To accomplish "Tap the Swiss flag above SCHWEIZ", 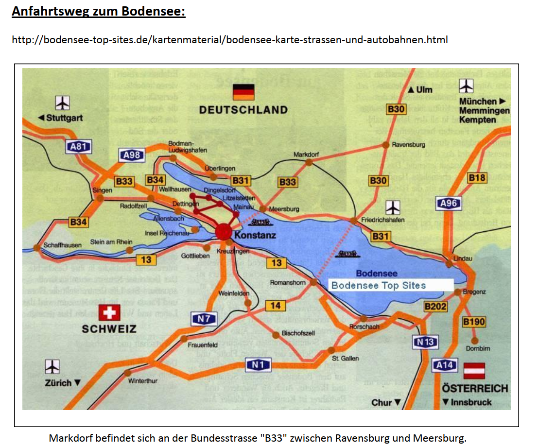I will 109,312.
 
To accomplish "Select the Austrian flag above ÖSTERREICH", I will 474,371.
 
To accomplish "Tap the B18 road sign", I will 477,178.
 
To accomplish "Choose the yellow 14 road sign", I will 276,306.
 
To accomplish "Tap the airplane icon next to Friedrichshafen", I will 392,207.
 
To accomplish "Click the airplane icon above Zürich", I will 52,366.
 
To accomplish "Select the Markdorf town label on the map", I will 306,155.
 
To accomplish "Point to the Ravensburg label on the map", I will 408,144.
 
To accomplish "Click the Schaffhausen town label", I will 63,245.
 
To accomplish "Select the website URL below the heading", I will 229,39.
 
